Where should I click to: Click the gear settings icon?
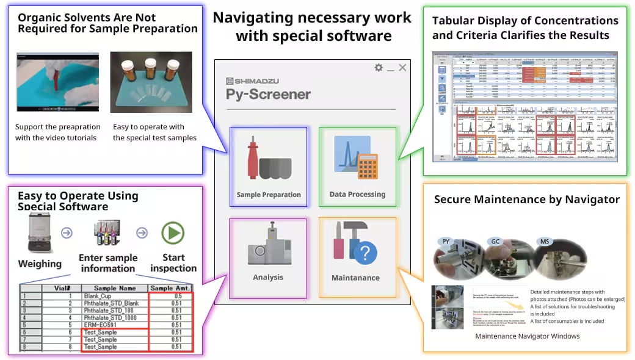(x=379, y=68)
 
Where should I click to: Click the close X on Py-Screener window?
(x=402, y=68)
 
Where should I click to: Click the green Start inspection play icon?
(x=172, y=234)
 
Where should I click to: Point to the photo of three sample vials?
(x=151, y=82)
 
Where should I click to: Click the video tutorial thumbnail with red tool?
(x=57, y=82)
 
